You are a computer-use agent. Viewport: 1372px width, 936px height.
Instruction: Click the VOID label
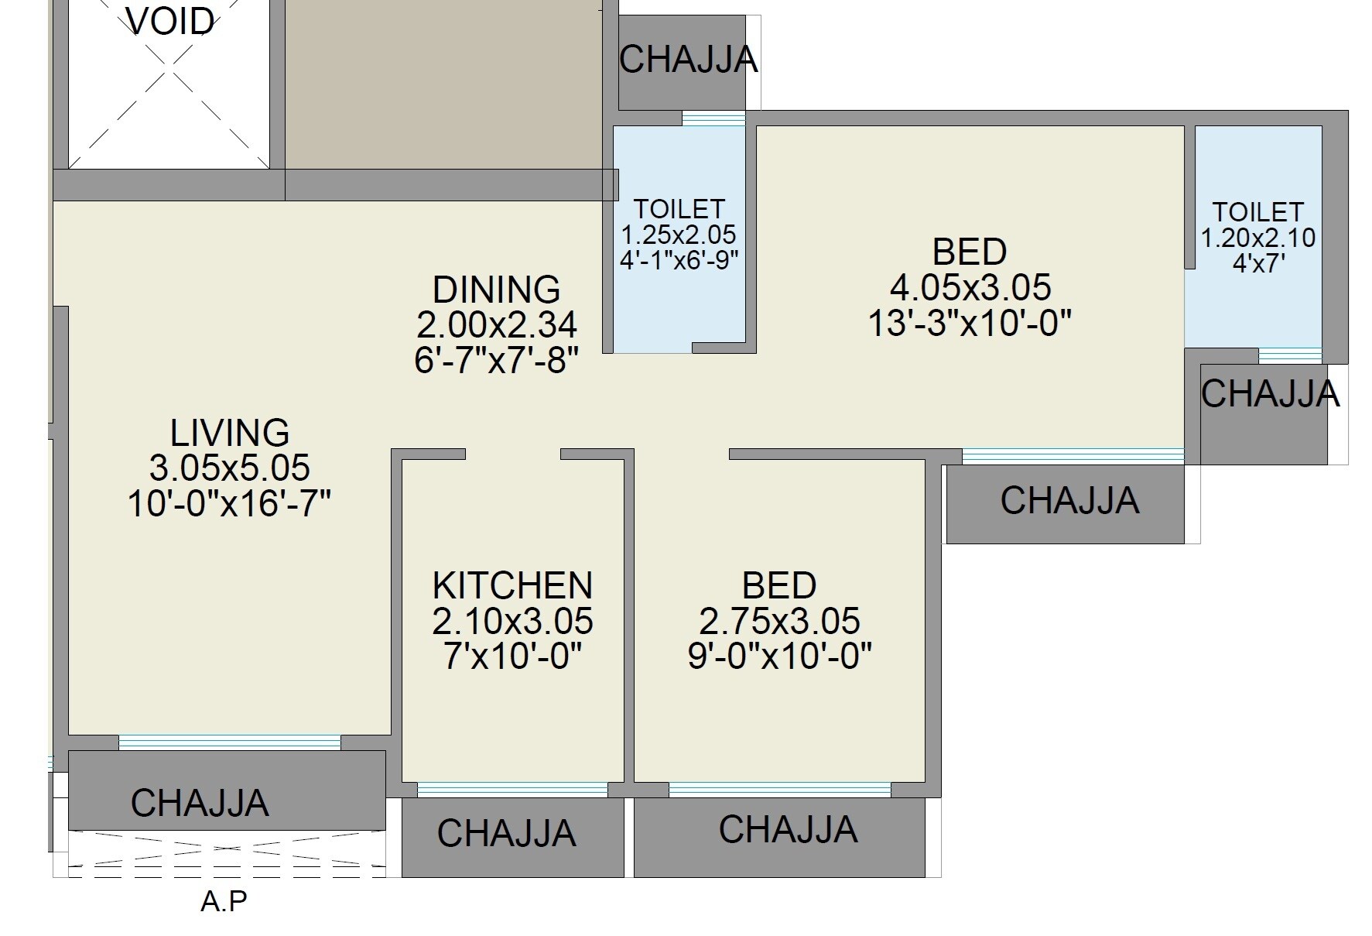tap(170, 22)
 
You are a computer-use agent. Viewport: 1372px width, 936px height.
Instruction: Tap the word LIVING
tap(230, 433)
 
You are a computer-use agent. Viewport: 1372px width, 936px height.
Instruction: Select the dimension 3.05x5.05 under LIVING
tap(230, 468)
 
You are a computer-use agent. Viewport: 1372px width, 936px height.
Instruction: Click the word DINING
tap(496, 290)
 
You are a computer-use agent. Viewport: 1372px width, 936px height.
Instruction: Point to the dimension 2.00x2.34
tap(496, 325)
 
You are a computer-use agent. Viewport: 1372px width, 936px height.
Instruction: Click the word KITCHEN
tap(512, 585)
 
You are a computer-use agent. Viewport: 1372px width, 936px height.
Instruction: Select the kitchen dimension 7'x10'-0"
tap(512, 657)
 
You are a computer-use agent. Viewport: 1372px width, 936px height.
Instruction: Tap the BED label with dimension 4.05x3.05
tap(970, 252)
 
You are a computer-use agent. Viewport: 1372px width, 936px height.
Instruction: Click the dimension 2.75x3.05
tap(779, 621)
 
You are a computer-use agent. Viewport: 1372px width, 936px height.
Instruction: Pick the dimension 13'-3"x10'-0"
tap(970, 323)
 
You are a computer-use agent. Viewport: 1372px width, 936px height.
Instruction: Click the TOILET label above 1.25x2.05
tap(679, 209)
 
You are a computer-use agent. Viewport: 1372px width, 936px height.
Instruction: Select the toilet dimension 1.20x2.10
tap(1257, 238)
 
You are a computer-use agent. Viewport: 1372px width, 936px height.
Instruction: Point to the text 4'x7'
tap(1258, 263)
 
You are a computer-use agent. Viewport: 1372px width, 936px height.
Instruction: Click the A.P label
tap(224, 902)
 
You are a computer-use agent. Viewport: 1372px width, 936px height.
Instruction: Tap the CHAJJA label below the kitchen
tap(507, 834)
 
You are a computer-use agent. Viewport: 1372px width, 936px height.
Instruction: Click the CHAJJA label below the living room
tap(200, 803)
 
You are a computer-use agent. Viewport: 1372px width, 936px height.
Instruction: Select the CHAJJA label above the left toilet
tap(688, 60)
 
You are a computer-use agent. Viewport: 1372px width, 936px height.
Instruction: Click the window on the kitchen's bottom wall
tap(512, 789)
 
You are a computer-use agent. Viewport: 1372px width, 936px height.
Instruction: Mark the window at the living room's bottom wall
tap(229, 742)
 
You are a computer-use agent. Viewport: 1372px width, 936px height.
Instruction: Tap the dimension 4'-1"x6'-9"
tap(679, 259)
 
